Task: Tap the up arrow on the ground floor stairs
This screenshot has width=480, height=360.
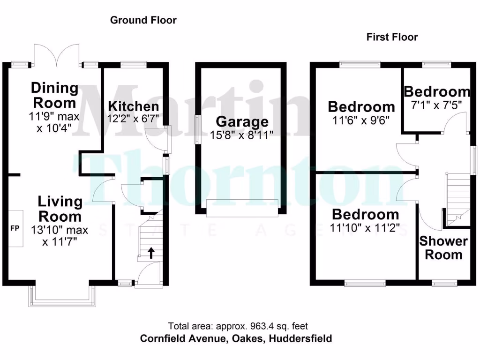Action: (x=151, y=254)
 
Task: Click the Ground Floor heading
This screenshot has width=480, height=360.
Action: (x=143, y=20)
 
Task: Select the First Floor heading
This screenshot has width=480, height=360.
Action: (x=392, y=37)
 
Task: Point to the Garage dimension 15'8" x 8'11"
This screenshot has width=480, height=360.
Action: (x=242, y=135)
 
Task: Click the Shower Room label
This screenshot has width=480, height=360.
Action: (x=443, y=248)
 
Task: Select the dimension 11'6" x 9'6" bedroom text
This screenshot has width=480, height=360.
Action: (x=361, y=120)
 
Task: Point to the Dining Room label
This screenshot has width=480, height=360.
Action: (x=55, y=95)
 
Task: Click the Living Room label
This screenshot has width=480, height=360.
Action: (x=60, y=209)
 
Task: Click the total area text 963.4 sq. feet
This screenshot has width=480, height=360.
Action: (x=238, y=326)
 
